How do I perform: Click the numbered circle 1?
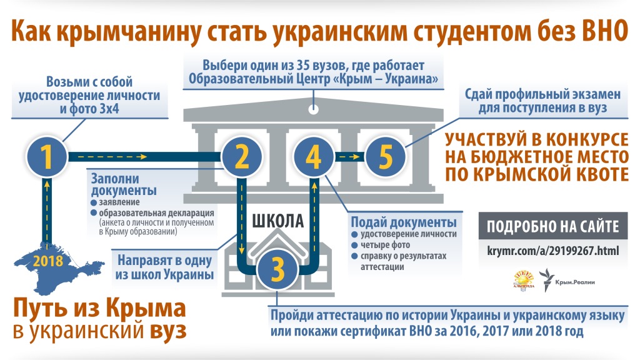[47, 157]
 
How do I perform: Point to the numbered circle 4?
[313, 157]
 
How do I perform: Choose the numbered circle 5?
[385, 157]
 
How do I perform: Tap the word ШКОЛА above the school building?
[278, 221]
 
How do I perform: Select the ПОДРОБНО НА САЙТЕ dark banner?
[552, 226]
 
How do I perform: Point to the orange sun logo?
[524, 281]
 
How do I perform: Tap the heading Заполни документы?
[124, 183]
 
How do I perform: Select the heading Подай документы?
[403, 222]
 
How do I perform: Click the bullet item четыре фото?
[384, 246]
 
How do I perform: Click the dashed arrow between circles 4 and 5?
[349, 157]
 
